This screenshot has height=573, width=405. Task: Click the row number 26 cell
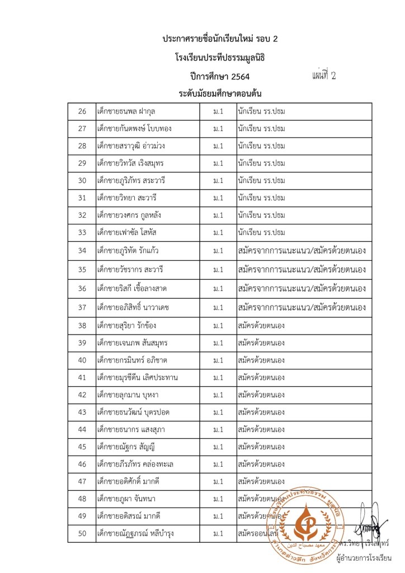pos(82,111)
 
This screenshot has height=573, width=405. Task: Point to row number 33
pos(82,233)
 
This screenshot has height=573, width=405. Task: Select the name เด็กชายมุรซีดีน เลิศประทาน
pos(138,377)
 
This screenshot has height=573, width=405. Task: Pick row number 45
pos(82,447)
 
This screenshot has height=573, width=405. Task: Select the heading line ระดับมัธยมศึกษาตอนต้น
pos(220,93)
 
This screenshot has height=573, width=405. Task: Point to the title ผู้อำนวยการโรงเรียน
pos(364,558)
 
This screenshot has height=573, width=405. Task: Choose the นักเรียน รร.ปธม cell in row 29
pos(261,163)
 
